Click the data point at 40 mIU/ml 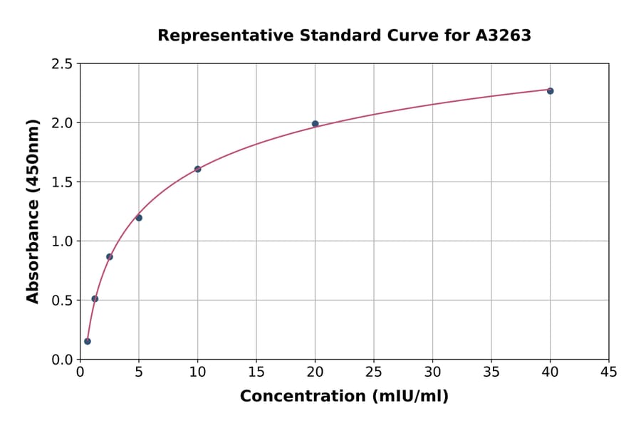tap(550, 91)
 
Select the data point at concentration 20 tap(315, 124)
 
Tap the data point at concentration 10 tap(198, 169)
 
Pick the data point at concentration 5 tap(139, 218)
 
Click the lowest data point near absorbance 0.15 tap(88, 341)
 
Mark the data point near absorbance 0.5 tap(95, 299)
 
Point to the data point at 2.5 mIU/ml tap(110, 256)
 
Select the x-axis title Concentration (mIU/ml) tap(344, 396)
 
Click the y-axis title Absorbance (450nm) tap(33, 211)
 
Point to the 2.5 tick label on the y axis tap(62, 64)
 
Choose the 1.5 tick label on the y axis tap(62, 182)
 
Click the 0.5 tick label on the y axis tap(62, 301)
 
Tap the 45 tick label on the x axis tap(608, 372)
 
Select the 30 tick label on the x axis tap(432, 372)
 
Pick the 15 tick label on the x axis tap(256, 372)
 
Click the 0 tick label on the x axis tap(80, 372)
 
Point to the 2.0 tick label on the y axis tap(62, 123)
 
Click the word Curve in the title tap(417, 36)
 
